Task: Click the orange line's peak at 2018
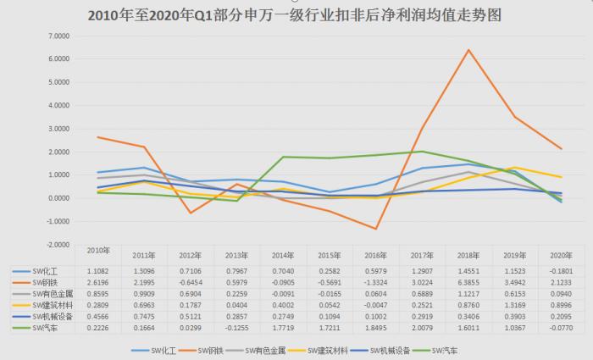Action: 468,50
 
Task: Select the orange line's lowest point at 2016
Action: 375,229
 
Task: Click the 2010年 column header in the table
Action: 100,252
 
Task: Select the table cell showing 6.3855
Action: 468,280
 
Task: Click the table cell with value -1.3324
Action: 375,280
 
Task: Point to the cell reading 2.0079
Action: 422,326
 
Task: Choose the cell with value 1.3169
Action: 513,303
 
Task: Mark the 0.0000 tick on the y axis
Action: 57,198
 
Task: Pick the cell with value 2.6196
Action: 100,280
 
